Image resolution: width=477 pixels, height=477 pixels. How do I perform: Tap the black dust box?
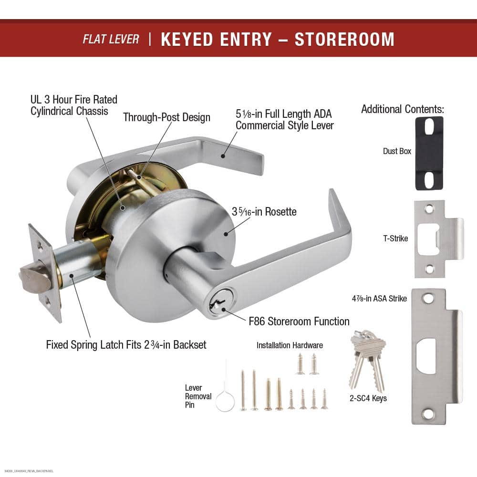pos(429,154)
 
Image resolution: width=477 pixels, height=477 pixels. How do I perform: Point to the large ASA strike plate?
pos(436,356)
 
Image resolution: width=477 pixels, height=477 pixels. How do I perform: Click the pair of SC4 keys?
pos(367,361)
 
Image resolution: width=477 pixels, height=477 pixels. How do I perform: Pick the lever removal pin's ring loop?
pos(225,402)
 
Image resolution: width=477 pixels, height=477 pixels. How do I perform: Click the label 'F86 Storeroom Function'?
pos(299,321)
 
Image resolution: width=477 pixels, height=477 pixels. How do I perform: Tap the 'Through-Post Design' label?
pos(166,117)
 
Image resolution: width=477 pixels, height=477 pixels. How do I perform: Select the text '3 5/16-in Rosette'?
pos(264,211)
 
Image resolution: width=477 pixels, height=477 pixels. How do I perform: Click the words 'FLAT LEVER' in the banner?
pos(111,39)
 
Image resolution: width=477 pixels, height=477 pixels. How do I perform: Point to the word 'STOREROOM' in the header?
pos(344,39)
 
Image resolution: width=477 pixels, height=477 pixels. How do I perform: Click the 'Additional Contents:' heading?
pos(403,109)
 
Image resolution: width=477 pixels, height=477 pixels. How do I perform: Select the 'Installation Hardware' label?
pos(290,345)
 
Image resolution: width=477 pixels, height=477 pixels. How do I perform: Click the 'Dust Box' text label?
pos(397,151)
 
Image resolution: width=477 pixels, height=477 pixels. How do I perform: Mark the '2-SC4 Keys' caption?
pos(368,398)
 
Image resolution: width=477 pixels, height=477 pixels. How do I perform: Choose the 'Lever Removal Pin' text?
pos(198,396)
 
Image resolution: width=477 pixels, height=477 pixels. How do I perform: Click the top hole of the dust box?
pos(429,126)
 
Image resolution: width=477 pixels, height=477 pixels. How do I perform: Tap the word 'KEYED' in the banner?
pos(187,39)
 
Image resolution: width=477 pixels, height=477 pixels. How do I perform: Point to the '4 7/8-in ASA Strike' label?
pos(379,299)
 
